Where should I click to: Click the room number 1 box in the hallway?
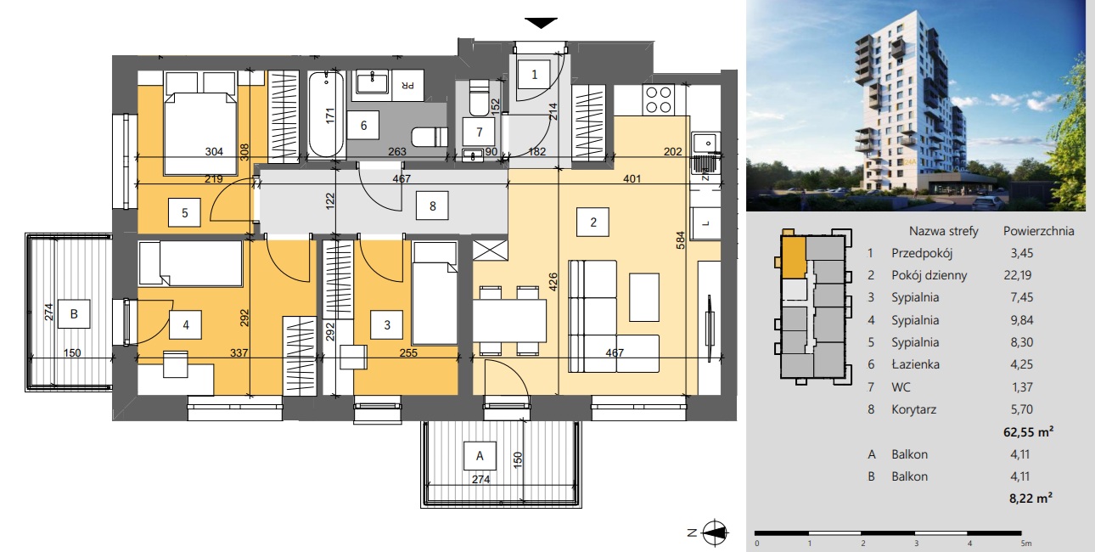point(534,75)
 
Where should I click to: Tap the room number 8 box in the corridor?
point(432,206)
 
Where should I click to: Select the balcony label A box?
point(480,456)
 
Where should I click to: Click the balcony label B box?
point(74,313)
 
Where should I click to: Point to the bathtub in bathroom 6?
point(326,114)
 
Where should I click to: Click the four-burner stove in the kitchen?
point(658,99)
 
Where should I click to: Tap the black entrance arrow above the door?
point(542,23)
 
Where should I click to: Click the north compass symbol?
point(715,532)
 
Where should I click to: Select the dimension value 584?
point(680,240)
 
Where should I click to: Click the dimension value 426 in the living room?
point(553,282)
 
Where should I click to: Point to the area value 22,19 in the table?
point(1018,275)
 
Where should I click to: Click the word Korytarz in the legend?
point(913,409)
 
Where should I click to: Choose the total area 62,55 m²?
point(1029,432)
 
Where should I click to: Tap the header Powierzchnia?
point(1039,231)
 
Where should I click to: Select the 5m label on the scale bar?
point(1026,544)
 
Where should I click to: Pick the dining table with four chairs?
point(509,320)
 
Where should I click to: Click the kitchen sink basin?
point(705,143)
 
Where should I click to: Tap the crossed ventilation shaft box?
point(491,250)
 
